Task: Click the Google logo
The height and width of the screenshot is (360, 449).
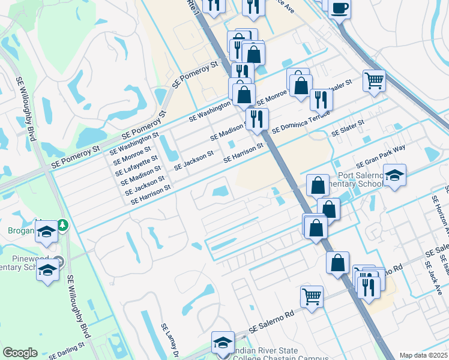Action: (20, 353)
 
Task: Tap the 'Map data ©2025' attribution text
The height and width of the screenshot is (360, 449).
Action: (424, 355)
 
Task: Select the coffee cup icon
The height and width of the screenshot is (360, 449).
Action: (339, 8)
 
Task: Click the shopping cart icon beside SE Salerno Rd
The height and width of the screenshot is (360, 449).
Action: (312, 296)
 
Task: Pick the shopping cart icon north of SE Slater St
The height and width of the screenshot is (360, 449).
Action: (374, 80)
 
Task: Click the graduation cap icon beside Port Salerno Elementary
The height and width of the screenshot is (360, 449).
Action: (394, 176)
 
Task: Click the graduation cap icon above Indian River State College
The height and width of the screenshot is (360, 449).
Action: (223, 342)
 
